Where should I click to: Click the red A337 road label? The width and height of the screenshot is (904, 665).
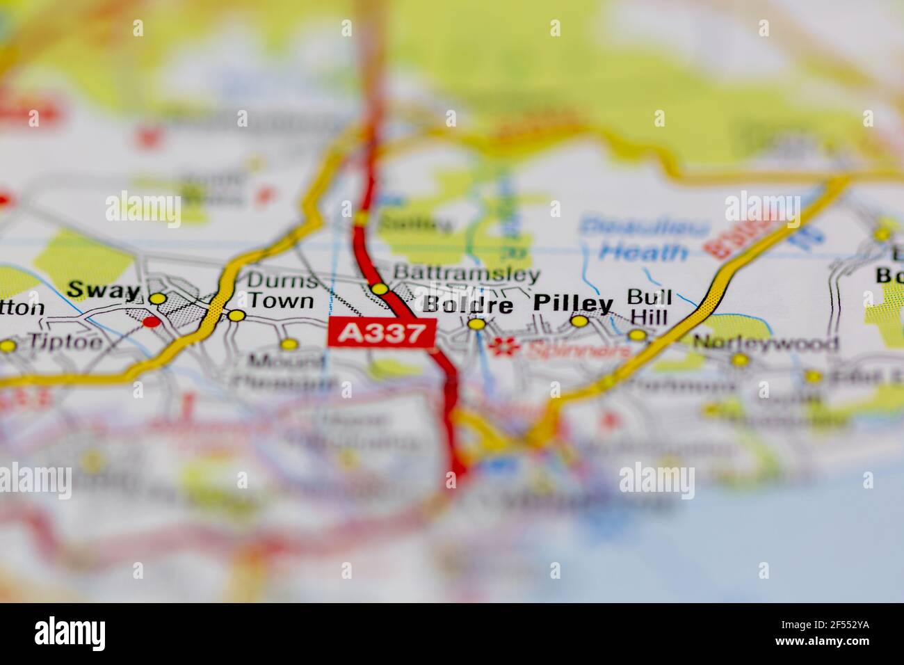point(382,333)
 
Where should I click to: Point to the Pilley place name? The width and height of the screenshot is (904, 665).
point(574,303)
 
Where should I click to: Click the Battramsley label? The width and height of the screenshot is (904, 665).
point(466,273)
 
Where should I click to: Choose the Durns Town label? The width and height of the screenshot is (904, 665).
point(281,291)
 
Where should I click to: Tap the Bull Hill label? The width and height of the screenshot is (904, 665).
point(648,307)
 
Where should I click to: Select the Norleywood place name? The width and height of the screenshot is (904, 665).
point(766,343)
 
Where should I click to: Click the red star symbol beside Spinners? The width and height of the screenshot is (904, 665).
point(499,346)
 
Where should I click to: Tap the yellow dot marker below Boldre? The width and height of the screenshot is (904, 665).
point(476,324)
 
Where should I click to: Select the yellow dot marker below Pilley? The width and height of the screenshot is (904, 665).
point(579,321)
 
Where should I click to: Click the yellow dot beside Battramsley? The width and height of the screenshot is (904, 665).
point(379,289)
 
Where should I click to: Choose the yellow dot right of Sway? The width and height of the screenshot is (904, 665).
point(159,298)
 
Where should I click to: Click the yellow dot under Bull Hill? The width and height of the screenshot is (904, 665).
point(638,335)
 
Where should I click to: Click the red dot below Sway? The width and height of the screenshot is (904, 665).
point(150,322)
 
